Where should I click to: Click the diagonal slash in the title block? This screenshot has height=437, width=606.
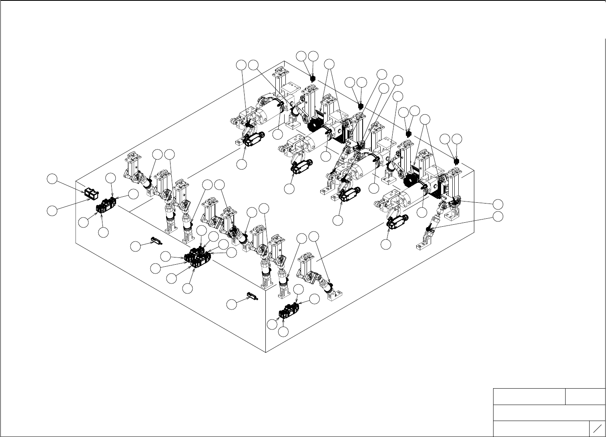click(x=597, y=429)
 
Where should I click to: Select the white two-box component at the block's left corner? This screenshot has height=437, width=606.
click(x=92, y=193)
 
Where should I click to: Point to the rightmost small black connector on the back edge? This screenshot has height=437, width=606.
click(x=456, y=161)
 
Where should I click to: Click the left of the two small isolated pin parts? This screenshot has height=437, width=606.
click(x=156, y=241)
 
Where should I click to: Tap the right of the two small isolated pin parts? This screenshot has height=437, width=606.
click(x=253, y=296)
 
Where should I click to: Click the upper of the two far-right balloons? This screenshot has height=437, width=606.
click(x=498, y=204)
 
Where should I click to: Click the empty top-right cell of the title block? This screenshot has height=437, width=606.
click(x=585, y=396)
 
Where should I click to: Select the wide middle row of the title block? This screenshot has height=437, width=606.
click(x=549, y=413)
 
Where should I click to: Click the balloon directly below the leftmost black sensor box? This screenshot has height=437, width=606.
click(x=241, y=164)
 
